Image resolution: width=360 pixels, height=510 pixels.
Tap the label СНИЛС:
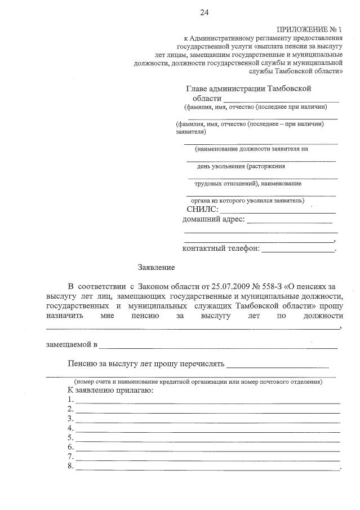(x=202, y=210)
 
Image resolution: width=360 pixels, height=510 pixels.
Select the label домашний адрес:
(x=214, y=219)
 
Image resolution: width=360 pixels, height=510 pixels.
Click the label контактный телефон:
(x=220, y=248)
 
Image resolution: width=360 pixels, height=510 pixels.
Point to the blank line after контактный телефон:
(x=297, y=250)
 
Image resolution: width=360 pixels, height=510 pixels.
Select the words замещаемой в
(x=72, y=344)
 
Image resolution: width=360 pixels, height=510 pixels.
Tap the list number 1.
(x=69, y=400)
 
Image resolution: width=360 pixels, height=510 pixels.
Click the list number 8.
(x=69, y=466)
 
